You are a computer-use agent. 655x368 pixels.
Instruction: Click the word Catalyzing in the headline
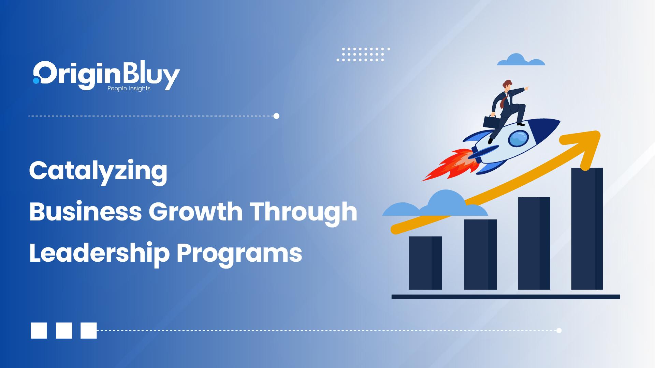[98, 171]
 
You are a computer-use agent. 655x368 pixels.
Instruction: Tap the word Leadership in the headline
[99, 254]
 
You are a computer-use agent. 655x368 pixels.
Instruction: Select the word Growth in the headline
[195, 212]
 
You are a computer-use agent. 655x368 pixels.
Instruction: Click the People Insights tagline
[129, 89]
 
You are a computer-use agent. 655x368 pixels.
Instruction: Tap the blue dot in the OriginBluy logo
[36, 80]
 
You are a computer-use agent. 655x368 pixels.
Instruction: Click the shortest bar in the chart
[425, 263]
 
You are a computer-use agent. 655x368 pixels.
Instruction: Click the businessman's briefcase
[490, 122]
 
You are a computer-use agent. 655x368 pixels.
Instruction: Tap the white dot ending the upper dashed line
[276, 116]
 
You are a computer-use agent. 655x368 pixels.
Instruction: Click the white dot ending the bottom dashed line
[559, 330]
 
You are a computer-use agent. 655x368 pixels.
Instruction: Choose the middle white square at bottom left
[64, 330]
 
